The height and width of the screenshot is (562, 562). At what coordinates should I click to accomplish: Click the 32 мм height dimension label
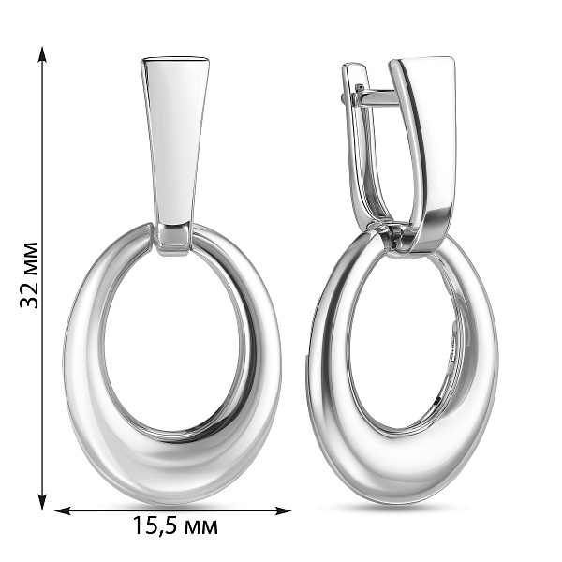click(x=29, y=274)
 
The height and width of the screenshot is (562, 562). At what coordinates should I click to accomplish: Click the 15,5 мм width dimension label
click(x=175, y=525)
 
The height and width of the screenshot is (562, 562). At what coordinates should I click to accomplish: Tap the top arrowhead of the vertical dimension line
click(x=42, y=54)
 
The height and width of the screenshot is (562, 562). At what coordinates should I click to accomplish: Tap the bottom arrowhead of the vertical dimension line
click(x=42, y=501)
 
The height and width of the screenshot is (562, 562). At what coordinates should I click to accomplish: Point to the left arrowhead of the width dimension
click(x=63, y=510)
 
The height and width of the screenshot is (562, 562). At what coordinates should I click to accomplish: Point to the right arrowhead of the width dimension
click(x=283, y=510)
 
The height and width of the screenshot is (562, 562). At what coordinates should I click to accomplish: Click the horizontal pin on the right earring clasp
click(x=377, y=97)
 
